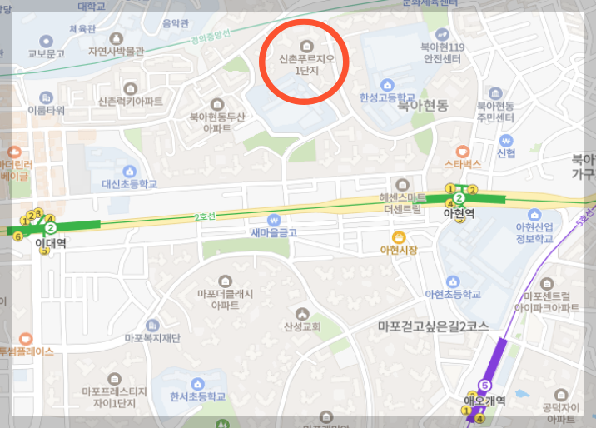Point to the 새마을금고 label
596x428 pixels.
pos(274,232)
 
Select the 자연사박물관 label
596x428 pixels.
pos(116,51)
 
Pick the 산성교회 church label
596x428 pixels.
pos(301,326)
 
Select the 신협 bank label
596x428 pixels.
pos(506,153)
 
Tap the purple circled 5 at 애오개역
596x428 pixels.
pos(485,386)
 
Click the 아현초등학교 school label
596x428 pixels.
pos(453,293)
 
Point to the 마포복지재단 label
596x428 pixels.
pos(152,338)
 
